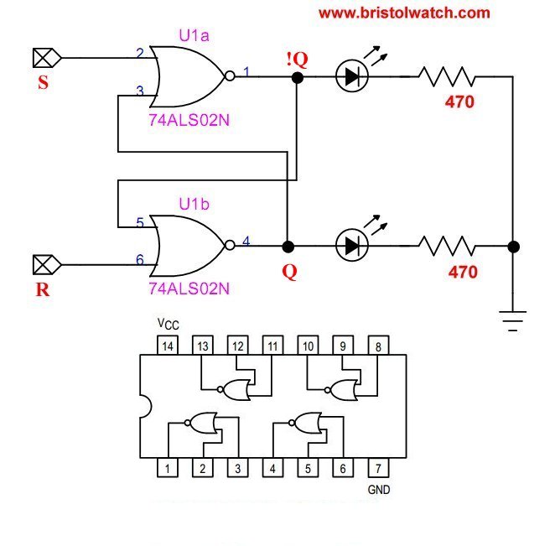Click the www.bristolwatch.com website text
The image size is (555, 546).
(404, 13)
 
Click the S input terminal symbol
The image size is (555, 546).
(43, 58)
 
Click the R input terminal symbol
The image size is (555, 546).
(43, 266)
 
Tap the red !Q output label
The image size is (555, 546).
(297, 59)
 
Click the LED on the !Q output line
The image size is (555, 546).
(350, 76)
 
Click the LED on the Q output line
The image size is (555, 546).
(350, 246)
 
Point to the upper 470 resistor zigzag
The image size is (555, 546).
(447, 77)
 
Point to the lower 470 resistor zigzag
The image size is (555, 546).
(447, 246)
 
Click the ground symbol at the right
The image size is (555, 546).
(512, 319)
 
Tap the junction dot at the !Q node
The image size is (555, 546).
(296, 77)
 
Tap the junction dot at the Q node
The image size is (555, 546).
(288, 247)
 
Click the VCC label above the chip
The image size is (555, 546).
(168, 324)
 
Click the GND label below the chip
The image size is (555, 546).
(379, 488)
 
